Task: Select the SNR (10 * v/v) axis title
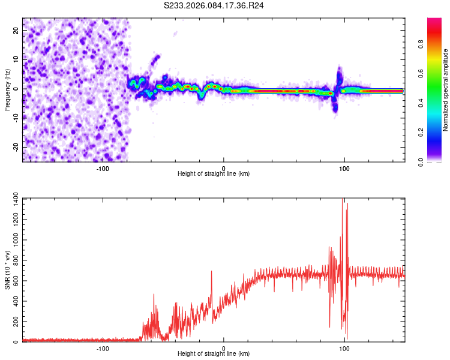click(7, 270)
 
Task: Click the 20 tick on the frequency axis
click(17, 31)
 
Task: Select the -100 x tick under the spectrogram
click(103, 167)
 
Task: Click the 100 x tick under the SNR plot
click(344, 348)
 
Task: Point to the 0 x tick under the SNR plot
click(224, 348)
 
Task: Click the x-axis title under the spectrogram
click(214, 173)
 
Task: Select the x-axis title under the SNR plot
click(214, 354)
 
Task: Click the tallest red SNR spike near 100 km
click(343, 201)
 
